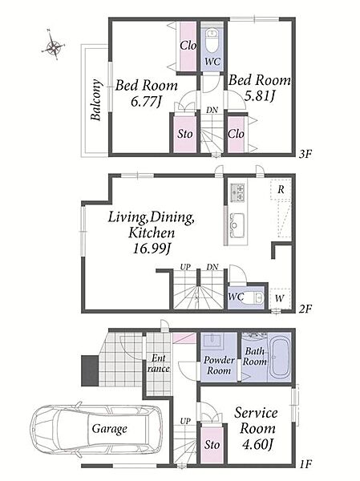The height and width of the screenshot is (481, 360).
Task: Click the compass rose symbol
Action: [x=53, y=47]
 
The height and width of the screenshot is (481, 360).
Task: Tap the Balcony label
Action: [x=96, y=100]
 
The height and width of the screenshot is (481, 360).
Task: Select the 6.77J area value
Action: [x=146, y=101]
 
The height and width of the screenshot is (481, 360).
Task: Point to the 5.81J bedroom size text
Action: [x=260, y=96]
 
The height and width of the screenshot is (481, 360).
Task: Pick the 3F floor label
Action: [x=305, y=154]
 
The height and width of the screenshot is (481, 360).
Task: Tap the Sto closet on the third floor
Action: [x=185, y=134]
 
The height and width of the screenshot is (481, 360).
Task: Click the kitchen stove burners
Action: [x=237, y=192]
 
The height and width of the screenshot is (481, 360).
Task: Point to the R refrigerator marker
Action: [x=281, y=189]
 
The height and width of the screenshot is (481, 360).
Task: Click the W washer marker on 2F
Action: [x=279, y=298]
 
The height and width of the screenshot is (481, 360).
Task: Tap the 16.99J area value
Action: [x=152, y=249]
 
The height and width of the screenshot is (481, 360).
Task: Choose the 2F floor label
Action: [x=305, y=309]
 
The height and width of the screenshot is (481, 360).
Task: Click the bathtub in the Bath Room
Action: [x=279, y=357]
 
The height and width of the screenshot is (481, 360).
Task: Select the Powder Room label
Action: [x=219, y=365]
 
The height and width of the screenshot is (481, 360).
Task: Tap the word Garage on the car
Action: [x=110, y=429]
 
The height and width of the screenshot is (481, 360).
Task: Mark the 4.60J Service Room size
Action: [x=257, y=444]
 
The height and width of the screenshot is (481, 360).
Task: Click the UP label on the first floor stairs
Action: [x=185, y=422]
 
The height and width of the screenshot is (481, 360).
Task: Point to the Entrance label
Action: [x=159, y=363]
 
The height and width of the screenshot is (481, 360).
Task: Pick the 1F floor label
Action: [x=305, y=464]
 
